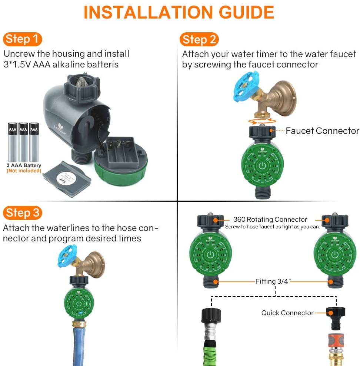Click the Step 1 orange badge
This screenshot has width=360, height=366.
point(23,39)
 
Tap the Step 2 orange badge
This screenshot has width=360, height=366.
point(199,39)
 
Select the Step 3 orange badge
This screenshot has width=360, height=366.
point(23,213)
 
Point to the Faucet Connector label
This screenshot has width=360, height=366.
point(322,131)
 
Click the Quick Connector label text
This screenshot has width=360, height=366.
point(287,313)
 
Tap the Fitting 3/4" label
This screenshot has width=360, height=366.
point(274,281)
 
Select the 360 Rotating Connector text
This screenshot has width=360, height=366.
point(270,220)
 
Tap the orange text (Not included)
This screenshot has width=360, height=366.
point(24,171)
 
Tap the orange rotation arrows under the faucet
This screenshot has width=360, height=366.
point(262,121)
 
